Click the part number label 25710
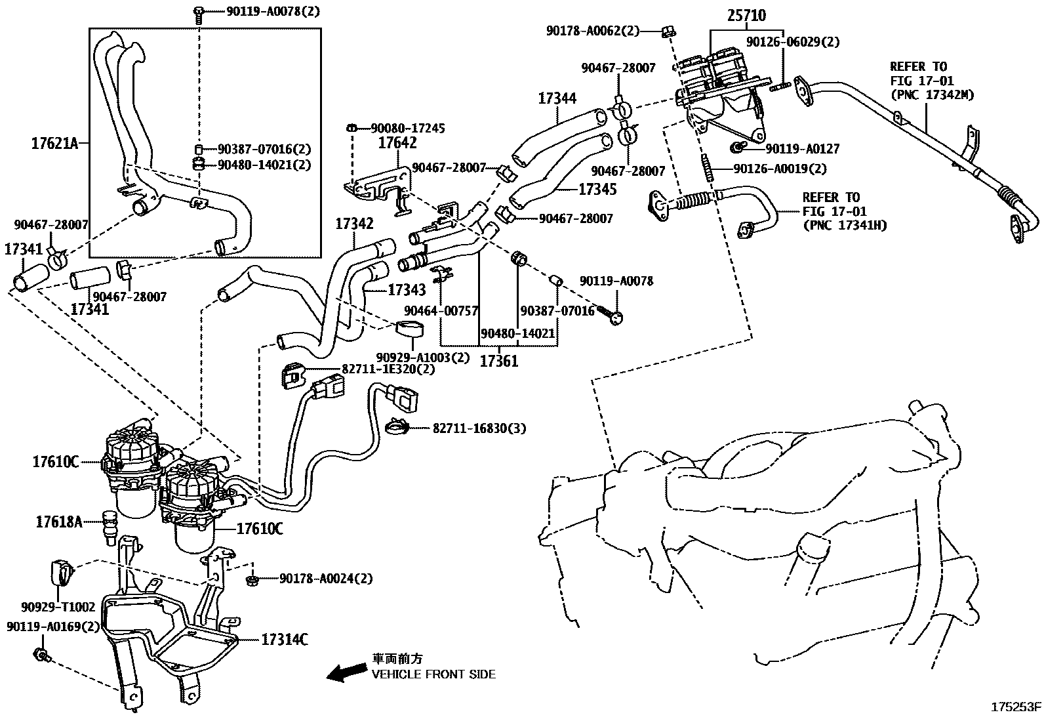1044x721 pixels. click(746, 15)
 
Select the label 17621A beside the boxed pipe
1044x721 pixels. click(54, 142)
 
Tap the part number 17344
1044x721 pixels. click(557, 98)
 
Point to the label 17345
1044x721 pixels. click(597, 189)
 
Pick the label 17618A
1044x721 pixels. click(59, 522)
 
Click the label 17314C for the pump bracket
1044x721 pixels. click(285, 639)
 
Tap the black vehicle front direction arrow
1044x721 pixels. click(346, 671)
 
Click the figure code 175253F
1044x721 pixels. click(1015, 707)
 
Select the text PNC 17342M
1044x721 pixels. click(932, 95)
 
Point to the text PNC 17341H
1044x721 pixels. click(845, 225)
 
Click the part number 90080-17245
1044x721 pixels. click(408, 129)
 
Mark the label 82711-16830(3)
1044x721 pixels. click(479, 428)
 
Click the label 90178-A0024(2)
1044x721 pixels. click(326, 579)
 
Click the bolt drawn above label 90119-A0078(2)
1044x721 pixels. click(199, 12)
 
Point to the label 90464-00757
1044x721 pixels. click(441, 310)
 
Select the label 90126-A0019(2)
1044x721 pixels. click(780, 169)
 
